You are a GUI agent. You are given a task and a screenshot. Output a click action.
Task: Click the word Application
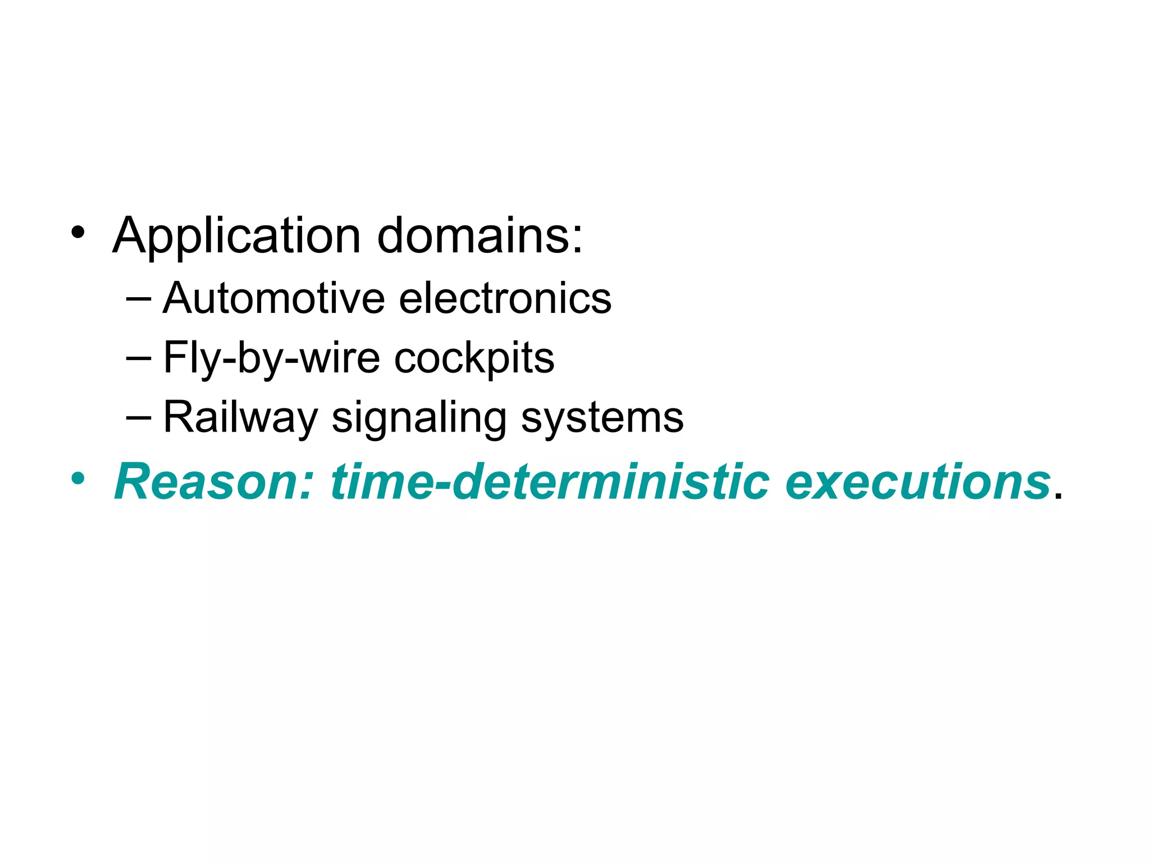[x=236, y=236]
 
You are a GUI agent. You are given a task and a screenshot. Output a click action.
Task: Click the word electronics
[x=505, y=298]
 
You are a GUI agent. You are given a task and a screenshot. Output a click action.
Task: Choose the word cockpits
[x=474, y=358]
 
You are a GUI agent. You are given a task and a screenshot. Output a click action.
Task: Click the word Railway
[x=240, y=417]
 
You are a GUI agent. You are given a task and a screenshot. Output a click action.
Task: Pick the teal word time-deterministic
[x=550, y=482]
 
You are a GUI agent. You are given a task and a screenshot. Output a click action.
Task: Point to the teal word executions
[x=918, y=482]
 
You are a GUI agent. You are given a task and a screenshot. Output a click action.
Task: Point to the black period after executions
[x=1058, y=496]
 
